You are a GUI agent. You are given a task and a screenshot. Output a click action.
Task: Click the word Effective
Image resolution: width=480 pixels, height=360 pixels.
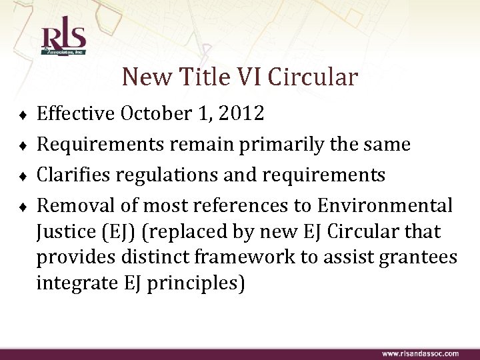click(75, 114)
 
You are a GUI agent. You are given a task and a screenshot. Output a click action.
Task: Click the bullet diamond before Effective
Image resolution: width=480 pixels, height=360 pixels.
click(23, 115)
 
